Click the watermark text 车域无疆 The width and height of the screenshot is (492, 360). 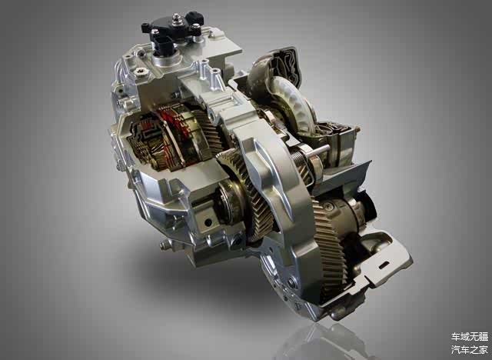point(470,337)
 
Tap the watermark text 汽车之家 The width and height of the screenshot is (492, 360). point(470,349)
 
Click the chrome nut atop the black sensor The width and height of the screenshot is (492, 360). point(176,18)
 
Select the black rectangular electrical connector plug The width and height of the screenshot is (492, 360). point(163,46)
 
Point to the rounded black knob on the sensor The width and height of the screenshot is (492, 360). point(194,17)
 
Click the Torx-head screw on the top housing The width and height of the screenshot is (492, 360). point(138,72)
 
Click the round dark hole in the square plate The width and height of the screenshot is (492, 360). point(208,222)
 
